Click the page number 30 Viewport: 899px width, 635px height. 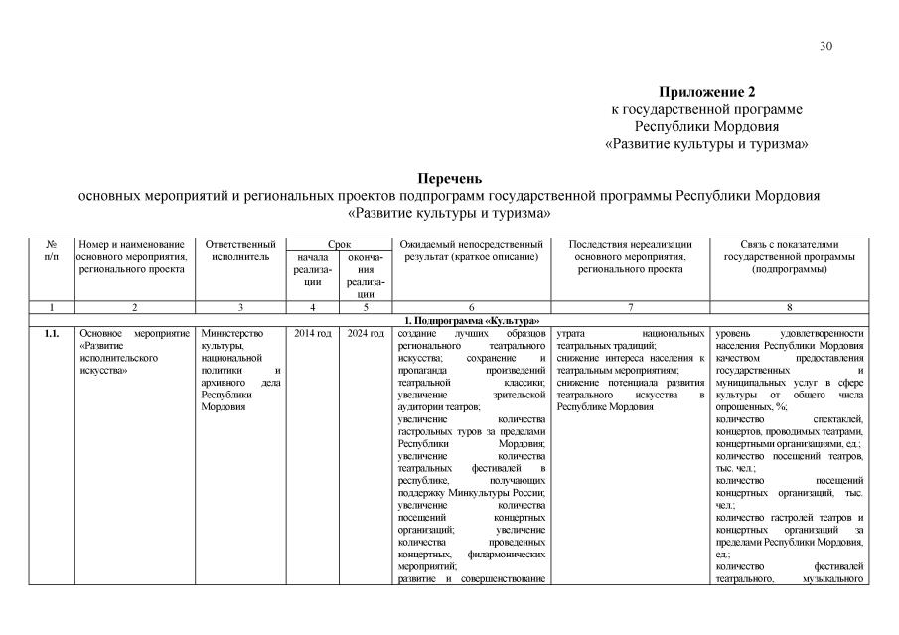point(825,46)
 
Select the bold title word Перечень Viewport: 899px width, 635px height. point(449,179)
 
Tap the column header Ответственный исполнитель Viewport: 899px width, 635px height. point(239,249)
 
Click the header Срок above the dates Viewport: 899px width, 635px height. point(338,243)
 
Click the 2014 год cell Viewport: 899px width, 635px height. point(312,333)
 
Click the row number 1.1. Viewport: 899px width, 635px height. point(52,333)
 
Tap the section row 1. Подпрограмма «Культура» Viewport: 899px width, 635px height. point(472,319)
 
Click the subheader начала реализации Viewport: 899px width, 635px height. point(312,269)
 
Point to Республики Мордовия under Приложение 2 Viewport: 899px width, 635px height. point(706,126)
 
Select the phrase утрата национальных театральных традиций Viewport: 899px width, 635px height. point(630,339)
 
